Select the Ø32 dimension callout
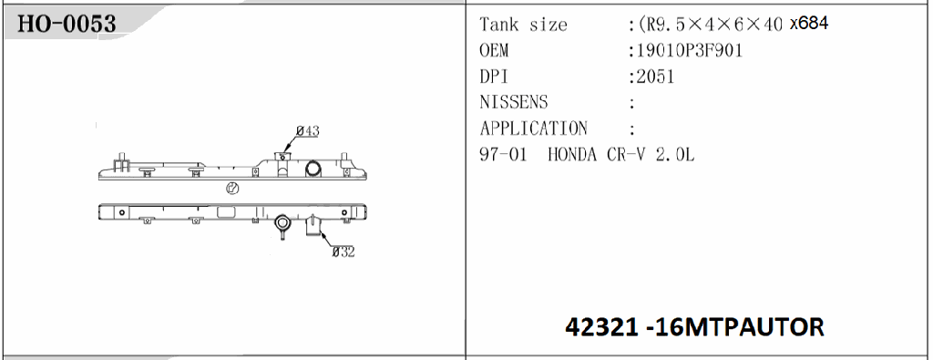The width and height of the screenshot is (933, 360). point(343,252)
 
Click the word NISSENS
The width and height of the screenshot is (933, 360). point(514,102)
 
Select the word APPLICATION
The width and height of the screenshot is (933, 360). point(533,129)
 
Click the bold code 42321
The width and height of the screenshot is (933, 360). point(605,325)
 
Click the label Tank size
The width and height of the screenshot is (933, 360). point(523,25)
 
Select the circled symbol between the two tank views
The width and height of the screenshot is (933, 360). point(231,190)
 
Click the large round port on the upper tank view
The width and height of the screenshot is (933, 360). point(313,169)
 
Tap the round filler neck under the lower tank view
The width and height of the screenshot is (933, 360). point(282,222)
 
